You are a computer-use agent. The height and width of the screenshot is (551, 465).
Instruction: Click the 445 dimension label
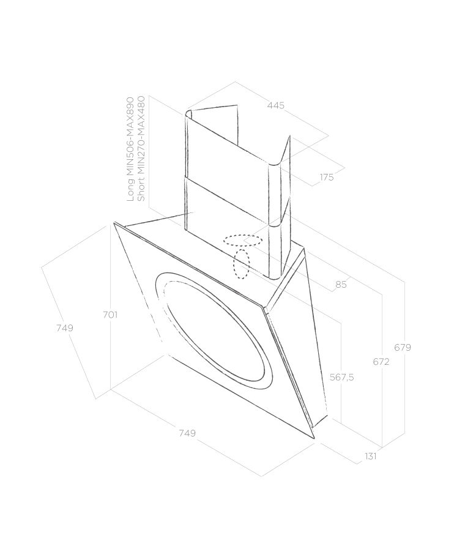coord(276,105)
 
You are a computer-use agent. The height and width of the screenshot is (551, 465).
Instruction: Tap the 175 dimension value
coord(327,177)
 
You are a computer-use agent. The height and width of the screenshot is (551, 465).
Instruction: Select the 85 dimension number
coord(341,284)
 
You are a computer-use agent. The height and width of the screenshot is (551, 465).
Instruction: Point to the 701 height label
coord(110,315)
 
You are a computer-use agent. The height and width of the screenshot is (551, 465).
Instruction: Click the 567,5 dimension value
coord(342,377)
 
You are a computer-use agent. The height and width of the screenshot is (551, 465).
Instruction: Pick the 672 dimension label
coord(381,361)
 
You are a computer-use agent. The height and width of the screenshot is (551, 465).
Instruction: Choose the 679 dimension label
coord(403,347)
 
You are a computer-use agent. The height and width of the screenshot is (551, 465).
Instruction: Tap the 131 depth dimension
coord(371,456)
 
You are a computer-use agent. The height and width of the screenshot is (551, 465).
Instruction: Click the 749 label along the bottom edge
coord(187,433)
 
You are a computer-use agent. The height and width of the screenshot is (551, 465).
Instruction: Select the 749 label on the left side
coord(65,328)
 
